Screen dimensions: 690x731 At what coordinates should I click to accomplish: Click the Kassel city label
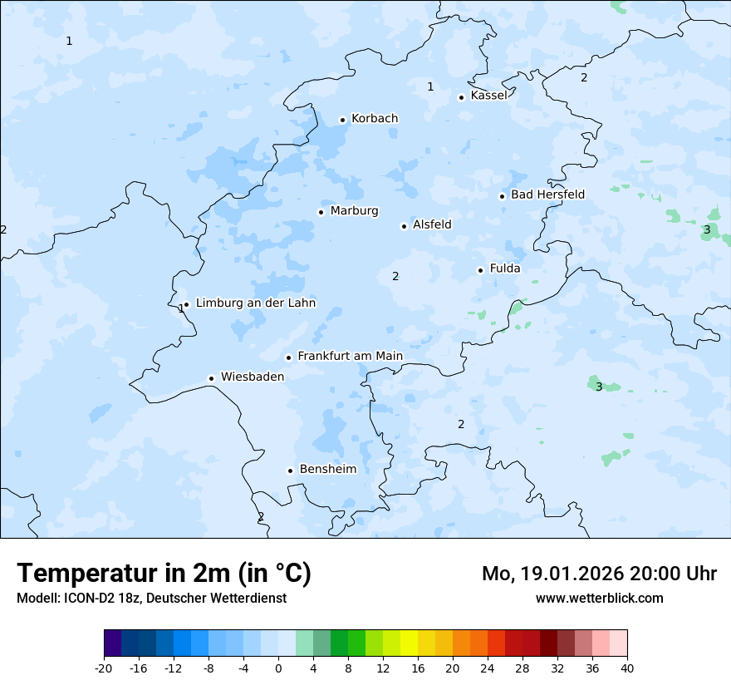click(488, 96)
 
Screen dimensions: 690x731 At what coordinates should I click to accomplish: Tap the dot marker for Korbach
click(342, 120)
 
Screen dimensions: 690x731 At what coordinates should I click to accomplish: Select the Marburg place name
click(354, 211)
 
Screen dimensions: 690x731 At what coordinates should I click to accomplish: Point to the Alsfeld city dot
click(404, 226)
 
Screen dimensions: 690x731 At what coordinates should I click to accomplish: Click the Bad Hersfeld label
click(547, 195)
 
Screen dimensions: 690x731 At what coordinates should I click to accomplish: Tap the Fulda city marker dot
click(480, 270)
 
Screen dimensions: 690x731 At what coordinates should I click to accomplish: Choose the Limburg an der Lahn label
click(255, 303)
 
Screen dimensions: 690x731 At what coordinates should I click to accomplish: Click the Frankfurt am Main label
click(350, 357)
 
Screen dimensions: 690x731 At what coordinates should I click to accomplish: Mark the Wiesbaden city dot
click(211, 378)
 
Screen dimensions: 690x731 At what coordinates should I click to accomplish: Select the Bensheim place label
click(327, 470)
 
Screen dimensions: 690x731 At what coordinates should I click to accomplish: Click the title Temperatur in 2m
click(164, 574)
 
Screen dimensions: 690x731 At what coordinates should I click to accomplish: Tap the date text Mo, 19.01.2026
click(552, 574)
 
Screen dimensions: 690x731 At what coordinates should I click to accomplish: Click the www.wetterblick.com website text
click(599, 598)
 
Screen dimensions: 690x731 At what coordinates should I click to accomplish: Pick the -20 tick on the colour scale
click(104, 668)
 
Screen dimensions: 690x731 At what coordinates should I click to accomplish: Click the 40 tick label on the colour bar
click(627, 668)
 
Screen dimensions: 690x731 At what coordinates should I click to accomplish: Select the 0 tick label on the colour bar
click(278, 668)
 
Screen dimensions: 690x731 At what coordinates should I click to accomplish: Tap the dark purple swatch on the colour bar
click(112, 643)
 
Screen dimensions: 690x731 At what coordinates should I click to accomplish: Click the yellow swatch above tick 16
click(409, 643)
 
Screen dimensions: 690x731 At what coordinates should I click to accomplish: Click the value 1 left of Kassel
click(430, 86)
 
